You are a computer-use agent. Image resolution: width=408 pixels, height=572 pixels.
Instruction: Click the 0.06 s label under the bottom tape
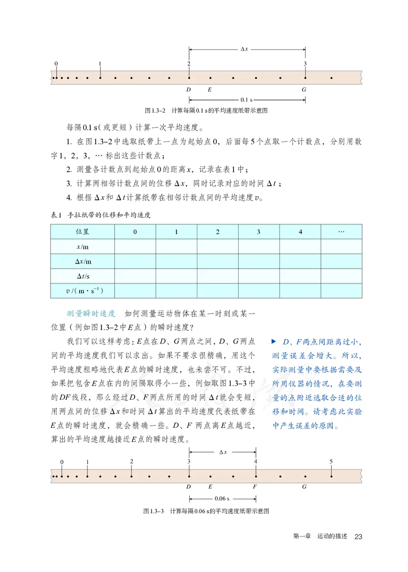(x=221, y=498)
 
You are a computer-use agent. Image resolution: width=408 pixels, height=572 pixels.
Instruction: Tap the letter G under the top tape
(x=304, y=89)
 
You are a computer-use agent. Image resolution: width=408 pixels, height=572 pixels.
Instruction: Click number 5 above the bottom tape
(x=331, y=462)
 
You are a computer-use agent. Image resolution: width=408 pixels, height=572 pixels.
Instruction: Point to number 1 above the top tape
(x=100, y=64)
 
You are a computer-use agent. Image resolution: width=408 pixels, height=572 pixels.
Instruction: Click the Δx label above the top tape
(x=244, y=49)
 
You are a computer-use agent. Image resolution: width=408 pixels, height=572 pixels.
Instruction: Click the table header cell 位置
(x=82, y=232)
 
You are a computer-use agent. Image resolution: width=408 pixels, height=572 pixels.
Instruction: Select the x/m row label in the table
(x=82, y=247)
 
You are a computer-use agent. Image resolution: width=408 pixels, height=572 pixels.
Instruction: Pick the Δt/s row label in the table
(x=82, y=276)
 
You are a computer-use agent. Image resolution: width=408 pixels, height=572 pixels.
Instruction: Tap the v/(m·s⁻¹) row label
(x=82, y=291)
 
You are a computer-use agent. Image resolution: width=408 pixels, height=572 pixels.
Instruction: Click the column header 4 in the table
(x=300, y=232)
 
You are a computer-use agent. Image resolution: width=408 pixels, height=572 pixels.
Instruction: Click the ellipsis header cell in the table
(x=341, y=232)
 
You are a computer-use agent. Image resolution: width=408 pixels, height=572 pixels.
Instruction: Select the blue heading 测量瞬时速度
(x=91, y=313)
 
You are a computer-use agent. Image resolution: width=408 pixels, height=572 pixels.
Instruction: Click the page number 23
(x=358, y=537)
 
